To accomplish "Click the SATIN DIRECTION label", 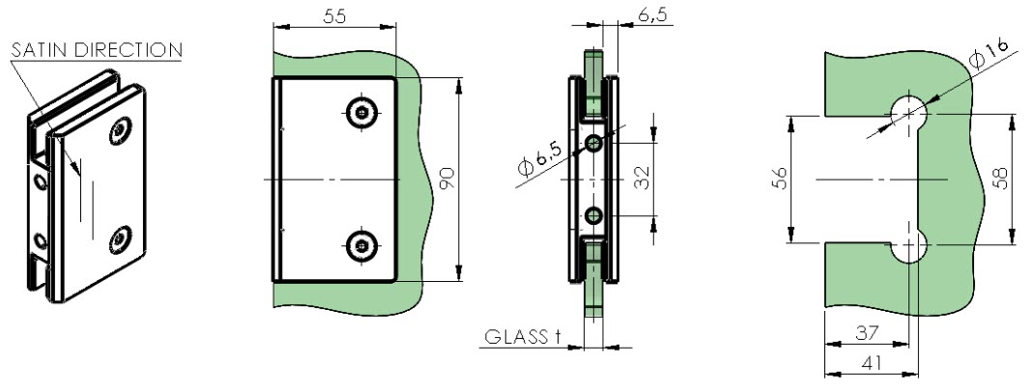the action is pyautogui.click(x=97, y=50).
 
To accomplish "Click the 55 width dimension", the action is pyautogui.click(x=336, y=17).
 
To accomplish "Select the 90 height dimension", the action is pyautogui.click(x=447, y=179).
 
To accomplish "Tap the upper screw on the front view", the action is pyautogui.click(x=360, y=113).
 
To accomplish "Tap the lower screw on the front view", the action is pyautogui.click(x=360, y=246).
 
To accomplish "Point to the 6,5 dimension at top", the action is pyautogui.click(x=652, y=15).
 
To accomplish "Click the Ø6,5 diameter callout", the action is pyautogui.click(x=539, y=160).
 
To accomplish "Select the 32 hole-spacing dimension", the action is pyautogui.click(x=642, y=178).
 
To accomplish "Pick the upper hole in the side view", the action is pyautogui.click(x=594, y=143).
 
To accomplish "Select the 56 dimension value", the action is pyautogui.click(x=780, y=179).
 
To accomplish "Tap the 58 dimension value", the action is pyautogui.click(x=1001, y=179).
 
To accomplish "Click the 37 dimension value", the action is pyautogui.click(x=867, y=333).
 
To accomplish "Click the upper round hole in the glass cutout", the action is pyautogui.click(x=909, y=112).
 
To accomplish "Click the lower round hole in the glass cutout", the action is pyautogui.click(x=909, y=246).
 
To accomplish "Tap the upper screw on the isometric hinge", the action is pyautogui.click(x=120, y=131).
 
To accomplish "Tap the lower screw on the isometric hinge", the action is pyautogui.click(x=120, y=238).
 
